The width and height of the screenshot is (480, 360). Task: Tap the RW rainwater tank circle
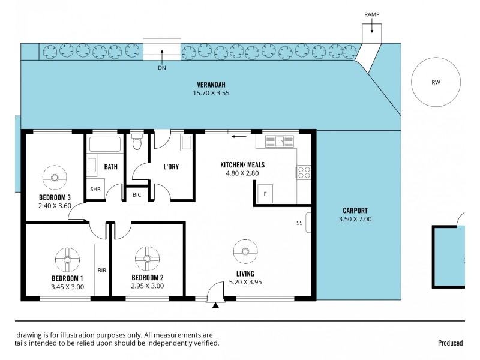pyautogui.click(x=436, y=83)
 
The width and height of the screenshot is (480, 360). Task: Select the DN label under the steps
pyautogui.click(x=161, y=68)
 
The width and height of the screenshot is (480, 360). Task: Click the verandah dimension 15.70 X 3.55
pyautogui.click(x=211, y=93)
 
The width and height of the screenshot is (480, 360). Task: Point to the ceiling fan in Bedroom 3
pyautogui.click(x=54, y=176)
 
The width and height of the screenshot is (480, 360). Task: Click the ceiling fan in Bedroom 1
pyautogui.click(x=67, y=259)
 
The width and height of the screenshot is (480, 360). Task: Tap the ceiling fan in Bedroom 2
pyautogui.click(x=147, y=259)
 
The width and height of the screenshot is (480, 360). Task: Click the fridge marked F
pyautogui.click(x=265, y=194)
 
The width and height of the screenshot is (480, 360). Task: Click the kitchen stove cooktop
pyautogui.click(x=304, y=172)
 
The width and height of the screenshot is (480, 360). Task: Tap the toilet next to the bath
pyautogui.click(x=136, y=143)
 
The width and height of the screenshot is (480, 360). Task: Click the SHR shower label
pyautogui.click(x=95, y=189)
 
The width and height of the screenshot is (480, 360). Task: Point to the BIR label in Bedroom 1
pyautogui.click(x=101, y=271)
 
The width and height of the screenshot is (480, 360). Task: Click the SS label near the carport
pyautogui.click(x=299, y=223)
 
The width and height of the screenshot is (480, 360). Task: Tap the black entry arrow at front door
pyautogui.click(x=215, y=306)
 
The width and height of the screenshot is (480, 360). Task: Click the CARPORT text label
pyautogui.click(x=355, y=211)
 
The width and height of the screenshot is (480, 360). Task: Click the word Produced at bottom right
pyautogui.click(x=450, y=343)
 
